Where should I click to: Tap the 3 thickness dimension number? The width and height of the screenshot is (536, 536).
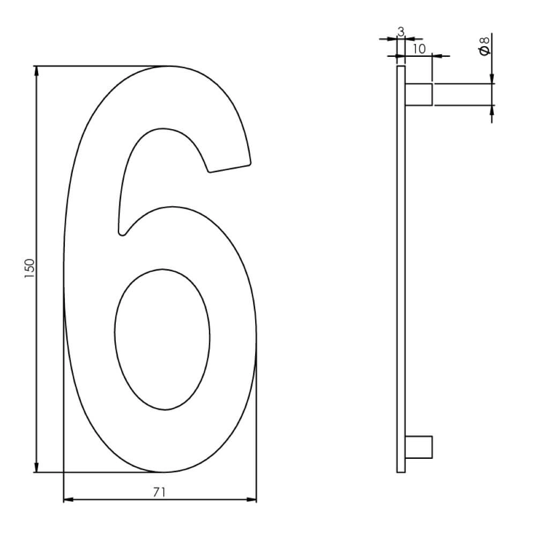(400, 32)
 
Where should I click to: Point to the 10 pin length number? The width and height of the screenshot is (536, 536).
(419, 49)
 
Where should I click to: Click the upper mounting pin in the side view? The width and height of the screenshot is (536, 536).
(418, 94)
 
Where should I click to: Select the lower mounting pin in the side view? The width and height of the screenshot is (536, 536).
(418, 447)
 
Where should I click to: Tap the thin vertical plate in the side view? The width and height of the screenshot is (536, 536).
(400, 268)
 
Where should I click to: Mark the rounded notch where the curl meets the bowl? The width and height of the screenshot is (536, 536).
(122, 232)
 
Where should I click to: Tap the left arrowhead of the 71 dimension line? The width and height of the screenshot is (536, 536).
(68, 500)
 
